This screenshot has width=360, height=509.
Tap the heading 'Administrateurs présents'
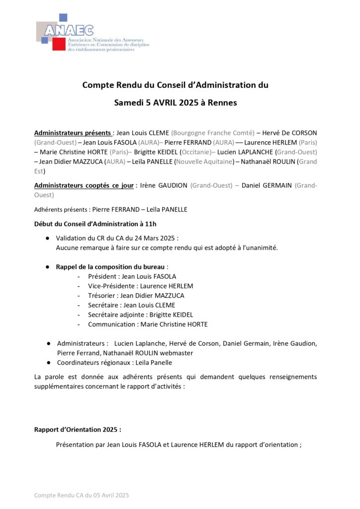click(73, 133)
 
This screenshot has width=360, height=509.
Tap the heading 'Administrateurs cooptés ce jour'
click(84, 185)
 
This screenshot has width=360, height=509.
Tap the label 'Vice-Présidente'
click(112, 286)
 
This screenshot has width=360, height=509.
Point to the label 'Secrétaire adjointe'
click(118, 315)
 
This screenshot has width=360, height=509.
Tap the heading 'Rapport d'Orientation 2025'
click(77, 429)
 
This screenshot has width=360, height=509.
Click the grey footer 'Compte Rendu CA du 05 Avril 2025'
click(82, 495)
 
